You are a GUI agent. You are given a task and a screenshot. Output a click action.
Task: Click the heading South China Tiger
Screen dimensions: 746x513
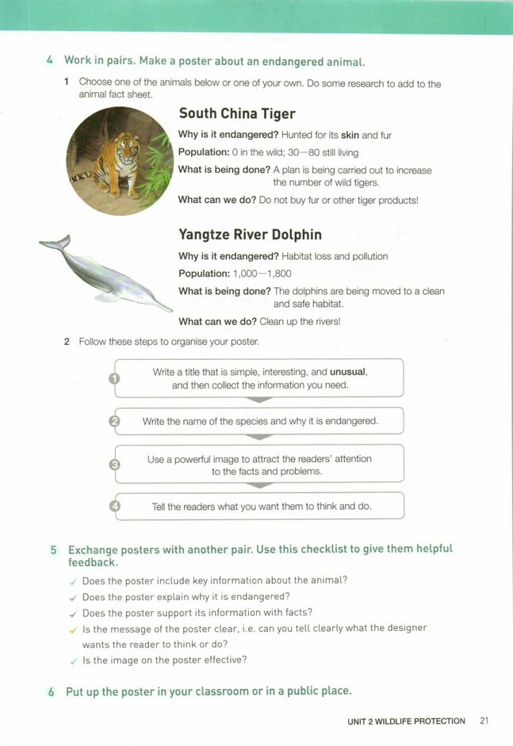coord(237,114)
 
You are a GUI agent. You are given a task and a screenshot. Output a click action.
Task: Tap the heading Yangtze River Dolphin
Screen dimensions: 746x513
coord(250,235)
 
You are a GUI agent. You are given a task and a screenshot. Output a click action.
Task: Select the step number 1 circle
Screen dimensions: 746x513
coord(113,378)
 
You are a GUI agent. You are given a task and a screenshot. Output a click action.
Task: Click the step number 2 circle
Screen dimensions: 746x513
coord(113,422)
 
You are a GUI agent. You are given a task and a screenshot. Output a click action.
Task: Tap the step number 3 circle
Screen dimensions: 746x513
coord(113,465)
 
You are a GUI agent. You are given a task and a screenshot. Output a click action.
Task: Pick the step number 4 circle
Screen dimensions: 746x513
coord(113,506)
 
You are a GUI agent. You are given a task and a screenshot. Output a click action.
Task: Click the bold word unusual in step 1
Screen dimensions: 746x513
coord(348,371)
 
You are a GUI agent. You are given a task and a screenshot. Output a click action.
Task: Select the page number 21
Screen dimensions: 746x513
coord(484,721)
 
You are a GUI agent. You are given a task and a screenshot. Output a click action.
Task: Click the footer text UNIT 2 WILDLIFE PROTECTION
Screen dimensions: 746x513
coord(406,721)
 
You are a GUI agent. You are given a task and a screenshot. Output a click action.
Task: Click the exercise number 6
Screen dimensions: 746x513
coord(52,691)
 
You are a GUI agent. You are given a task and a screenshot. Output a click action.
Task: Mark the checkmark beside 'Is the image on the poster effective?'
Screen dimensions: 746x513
coord(73,660)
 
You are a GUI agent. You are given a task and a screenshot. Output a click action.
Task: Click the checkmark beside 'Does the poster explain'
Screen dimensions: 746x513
coord(73,597)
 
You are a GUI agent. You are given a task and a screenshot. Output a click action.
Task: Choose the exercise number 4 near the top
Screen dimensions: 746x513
coord(50,61)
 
